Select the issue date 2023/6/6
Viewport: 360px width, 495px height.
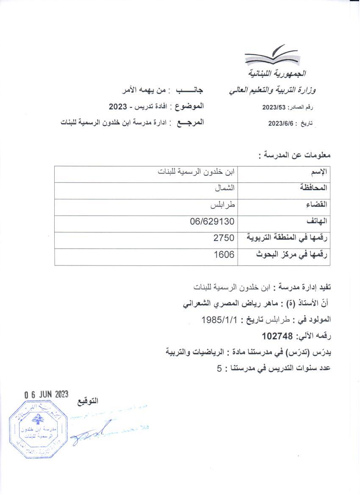(x=280, y=124)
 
